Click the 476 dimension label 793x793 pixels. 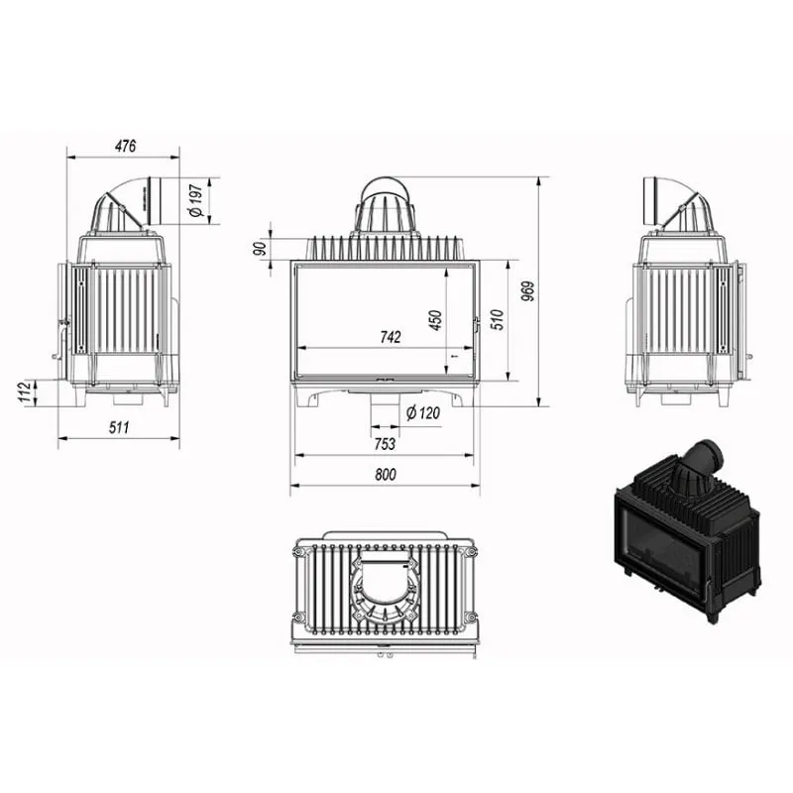(x=126, y=146)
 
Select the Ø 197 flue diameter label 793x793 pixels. (x=195, y=201)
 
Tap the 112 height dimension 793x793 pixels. (x=24, y=393)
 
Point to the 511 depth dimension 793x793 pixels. (x=119, y=428)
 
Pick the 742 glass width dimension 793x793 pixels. (x=390, y=337)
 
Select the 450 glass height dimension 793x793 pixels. (x=435, y=320)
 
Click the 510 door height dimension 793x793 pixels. (x=498, y=319)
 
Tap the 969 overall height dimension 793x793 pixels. (x=527, y=291)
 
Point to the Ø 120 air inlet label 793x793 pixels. (x=423, y=413)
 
